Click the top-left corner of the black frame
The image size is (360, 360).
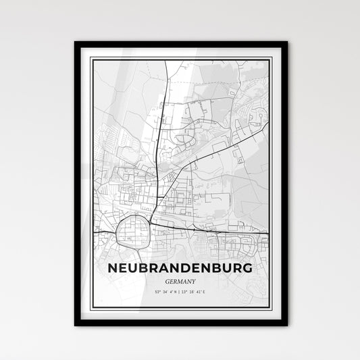75,43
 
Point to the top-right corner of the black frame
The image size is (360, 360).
287,43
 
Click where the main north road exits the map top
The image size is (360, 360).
166,61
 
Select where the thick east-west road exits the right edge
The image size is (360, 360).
269,234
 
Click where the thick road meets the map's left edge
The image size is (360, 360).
93,232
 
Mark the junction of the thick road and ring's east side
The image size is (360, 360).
148,226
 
